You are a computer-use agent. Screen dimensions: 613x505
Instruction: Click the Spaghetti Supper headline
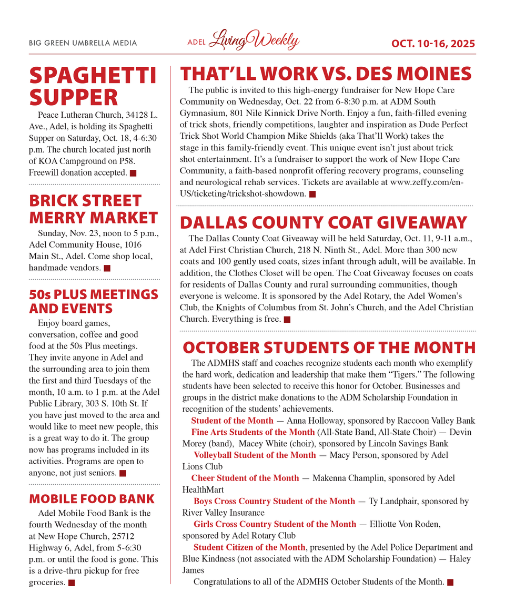[x=93, y=86]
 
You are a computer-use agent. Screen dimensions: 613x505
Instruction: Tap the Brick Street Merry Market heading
[x=93, y=209]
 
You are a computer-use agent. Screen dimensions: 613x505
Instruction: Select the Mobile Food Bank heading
[x=92, y=499]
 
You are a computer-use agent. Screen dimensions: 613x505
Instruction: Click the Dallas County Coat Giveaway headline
[x=324, y=222]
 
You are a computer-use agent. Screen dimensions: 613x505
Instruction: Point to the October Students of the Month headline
[x=329, y=348]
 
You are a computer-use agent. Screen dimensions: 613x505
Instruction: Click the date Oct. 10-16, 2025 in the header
[x=433, y=43]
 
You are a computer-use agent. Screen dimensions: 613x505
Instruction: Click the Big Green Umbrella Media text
[x=83, y=43]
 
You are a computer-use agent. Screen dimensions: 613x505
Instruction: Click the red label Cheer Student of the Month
[x=245, y=478]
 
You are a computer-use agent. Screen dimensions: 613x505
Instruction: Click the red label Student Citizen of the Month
[x=249, y=547]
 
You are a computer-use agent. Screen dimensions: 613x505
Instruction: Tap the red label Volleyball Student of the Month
[x=255, y=455]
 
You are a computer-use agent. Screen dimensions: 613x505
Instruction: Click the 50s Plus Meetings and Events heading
[x=93, y=301]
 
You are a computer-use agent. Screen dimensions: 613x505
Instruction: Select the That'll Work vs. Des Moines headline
[x=326, y=73]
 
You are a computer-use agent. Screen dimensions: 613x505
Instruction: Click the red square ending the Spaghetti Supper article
[x=133, y=173]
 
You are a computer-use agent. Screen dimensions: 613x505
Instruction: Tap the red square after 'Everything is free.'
[x=287, y=319]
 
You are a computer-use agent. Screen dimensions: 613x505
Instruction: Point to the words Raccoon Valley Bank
[x=432, y=421]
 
